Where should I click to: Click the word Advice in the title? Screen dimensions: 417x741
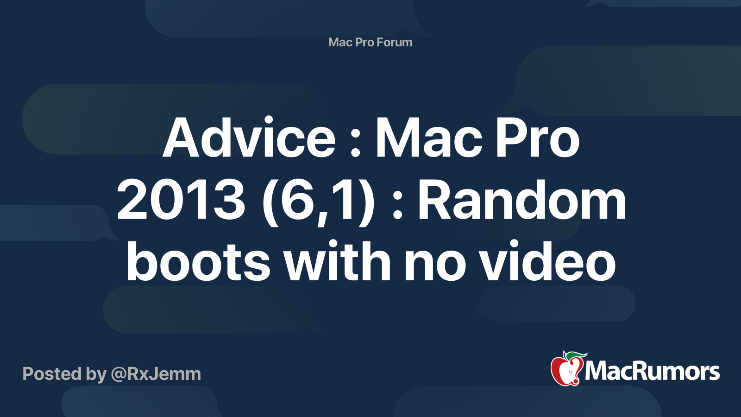coord(249,138)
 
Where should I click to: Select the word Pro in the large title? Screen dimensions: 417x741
coord(537,138)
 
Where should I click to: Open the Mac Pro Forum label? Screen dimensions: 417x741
coord(370,42)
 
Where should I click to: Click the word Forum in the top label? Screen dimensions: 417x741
coord(394,42)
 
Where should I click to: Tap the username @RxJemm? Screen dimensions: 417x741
coord(156,374)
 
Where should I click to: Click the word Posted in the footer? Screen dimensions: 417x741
coord(52,374)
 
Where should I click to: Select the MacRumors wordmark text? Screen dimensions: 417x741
coord(652,372)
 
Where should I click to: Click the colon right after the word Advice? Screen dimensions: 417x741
coord(355,144)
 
